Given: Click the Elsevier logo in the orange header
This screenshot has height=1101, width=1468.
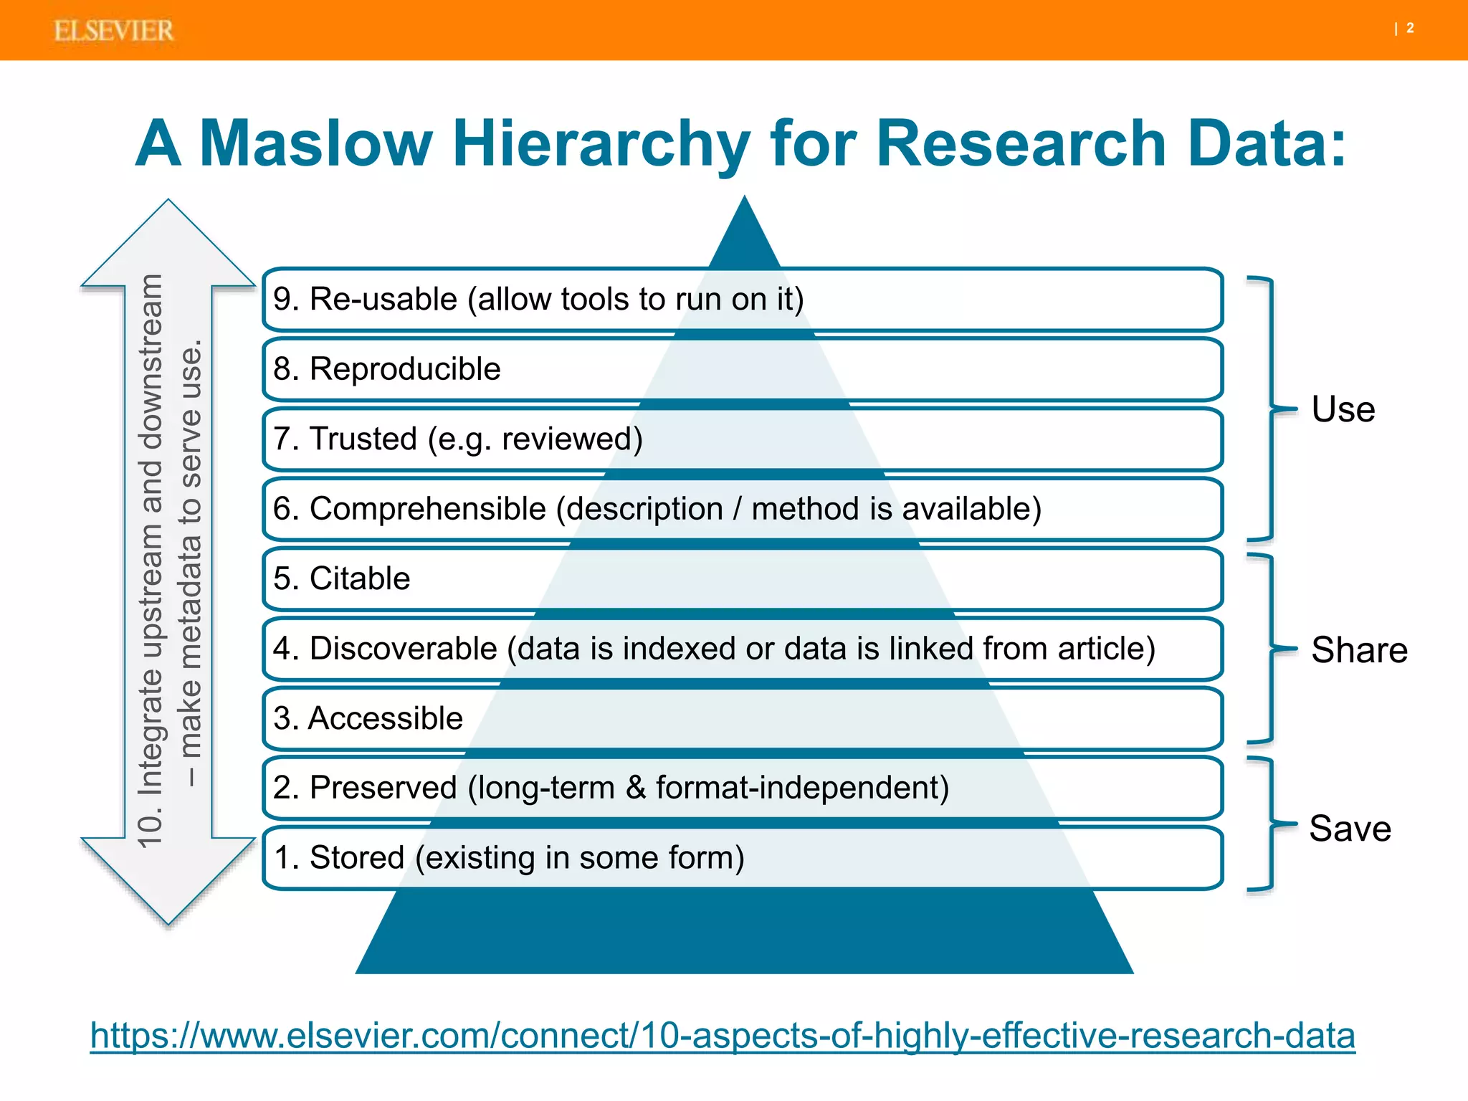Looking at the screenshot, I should click(x=113, y=31).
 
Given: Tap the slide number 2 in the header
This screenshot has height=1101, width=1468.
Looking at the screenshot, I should click(x=1410, y=28).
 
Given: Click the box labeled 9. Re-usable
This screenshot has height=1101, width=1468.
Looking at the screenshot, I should click(x=742, y=299).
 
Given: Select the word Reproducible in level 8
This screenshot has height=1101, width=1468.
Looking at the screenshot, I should click(x=405, y=369).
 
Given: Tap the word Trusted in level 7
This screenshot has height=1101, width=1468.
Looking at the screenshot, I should click(x=363, y=439).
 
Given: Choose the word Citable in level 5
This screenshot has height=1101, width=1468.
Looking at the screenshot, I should click(x=360, y=578).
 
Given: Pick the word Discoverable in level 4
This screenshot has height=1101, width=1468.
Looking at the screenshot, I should click(x=403, y=649).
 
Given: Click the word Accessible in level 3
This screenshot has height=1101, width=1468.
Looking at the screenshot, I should click(x=386, y=718).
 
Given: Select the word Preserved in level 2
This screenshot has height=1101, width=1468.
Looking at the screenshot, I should click(x=383, y=788).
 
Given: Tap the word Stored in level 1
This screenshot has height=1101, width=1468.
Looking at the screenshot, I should click(x=357, y=858).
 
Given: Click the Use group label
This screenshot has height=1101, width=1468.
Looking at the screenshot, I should click(x=1343, y=409).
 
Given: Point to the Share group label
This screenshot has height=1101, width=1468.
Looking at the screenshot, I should click(x=1359, y=650).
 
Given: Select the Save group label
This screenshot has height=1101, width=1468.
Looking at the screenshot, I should click(x=1350, y=829).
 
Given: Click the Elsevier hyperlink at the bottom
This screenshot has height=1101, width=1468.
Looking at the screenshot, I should click(x=723, y=1036).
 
